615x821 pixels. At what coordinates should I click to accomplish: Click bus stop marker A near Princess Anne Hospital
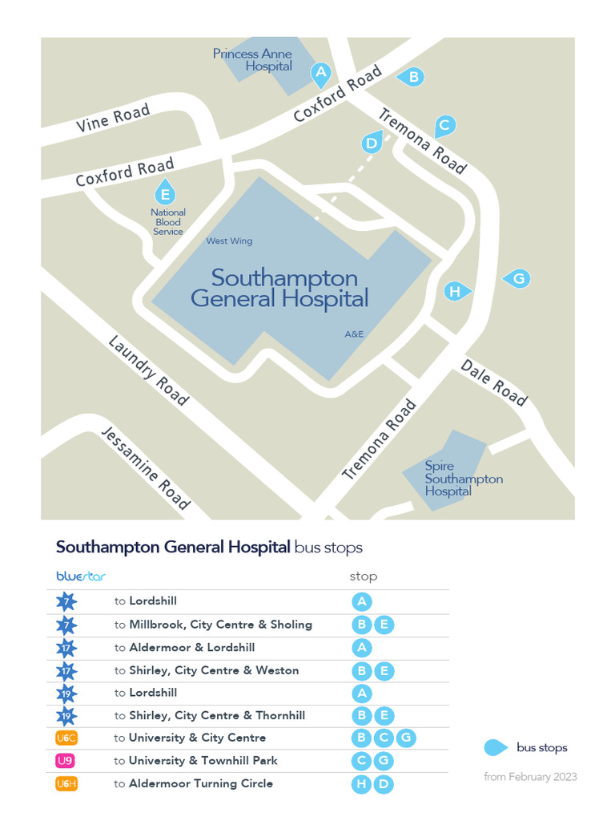320,75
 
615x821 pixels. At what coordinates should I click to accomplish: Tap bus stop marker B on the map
413,77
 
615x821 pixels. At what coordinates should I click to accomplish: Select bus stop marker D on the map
371,144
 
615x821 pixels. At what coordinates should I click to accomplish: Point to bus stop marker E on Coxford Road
165,193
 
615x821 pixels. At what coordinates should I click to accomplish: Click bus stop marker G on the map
518,278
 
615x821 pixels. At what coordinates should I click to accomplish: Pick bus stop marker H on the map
455,291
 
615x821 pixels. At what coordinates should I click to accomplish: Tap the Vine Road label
113,119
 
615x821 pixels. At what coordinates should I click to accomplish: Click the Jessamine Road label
146,468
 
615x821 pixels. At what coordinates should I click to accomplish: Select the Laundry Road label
148,370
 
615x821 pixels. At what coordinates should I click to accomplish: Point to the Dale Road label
494,382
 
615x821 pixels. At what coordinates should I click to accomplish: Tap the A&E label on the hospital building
355,333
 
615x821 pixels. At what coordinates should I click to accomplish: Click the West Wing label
229,241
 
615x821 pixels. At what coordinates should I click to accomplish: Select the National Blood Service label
168,222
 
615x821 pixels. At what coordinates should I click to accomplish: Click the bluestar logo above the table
81,576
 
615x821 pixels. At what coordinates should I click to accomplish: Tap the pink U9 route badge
66,760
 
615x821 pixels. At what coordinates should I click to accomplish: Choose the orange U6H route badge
66,783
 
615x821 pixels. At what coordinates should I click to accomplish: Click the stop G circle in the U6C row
406,738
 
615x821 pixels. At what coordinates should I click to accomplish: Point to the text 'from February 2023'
530,776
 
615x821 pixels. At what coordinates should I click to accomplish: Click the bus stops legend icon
496,747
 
